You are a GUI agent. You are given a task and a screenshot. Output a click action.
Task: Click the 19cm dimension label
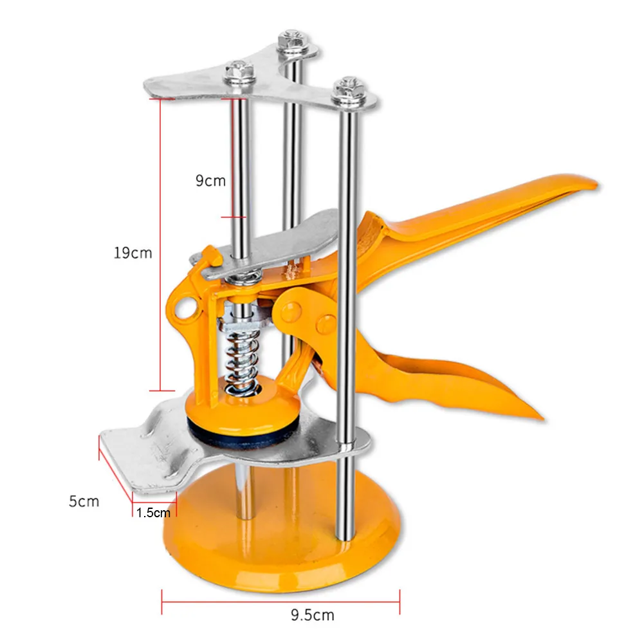[x=133, y=253]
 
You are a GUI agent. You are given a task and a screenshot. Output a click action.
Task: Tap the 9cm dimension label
[x=210, y=181]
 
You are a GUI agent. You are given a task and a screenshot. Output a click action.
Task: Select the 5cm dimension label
[x=84, y=501]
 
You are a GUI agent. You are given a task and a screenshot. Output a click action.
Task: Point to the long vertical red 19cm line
[x=160, y=244]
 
